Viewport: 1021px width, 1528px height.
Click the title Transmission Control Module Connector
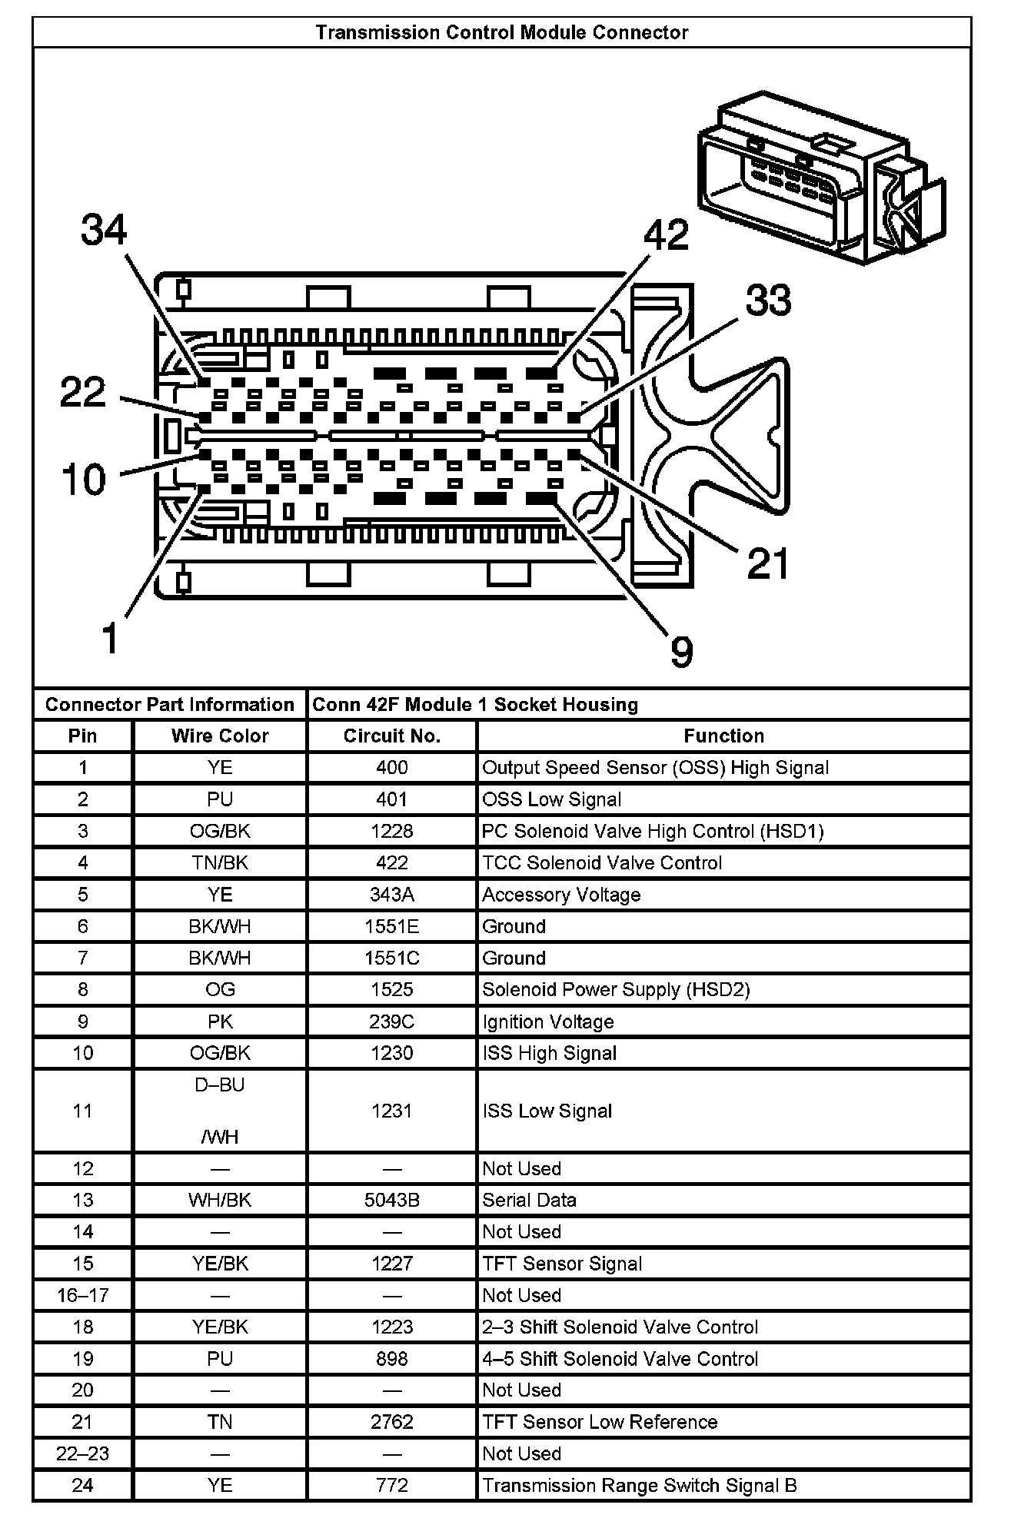501,32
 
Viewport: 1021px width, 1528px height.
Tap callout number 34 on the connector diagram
104,230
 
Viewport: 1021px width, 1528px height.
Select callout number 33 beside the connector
768,300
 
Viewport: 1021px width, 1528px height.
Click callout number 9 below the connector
681,652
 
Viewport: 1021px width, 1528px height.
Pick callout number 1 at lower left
111,638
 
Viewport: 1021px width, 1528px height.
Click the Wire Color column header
220,736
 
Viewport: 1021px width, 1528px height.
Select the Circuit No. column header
391,736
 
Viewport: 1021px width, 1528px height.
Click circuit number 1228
391,831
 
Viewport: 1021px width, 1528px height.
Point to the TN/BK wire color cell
220,862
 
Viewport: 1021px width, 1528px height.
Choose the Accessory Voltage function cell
561,895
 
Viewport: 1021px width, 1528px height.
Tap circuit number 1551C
391,958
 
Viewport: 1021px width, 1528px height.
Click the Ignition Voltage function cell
548,1021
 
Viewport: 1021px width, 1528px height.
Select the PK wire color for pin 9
220,1021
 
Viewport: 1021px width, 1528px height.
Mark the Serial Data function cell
529,1200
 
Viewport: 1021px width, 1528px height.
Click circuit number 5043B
391,1200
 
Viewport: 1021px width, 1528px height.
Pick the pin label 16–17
82,1295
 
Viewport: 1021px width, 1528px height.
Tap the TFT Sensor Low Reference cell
600,1422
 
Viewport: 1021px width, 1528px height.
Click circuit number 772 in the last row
391,1485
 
